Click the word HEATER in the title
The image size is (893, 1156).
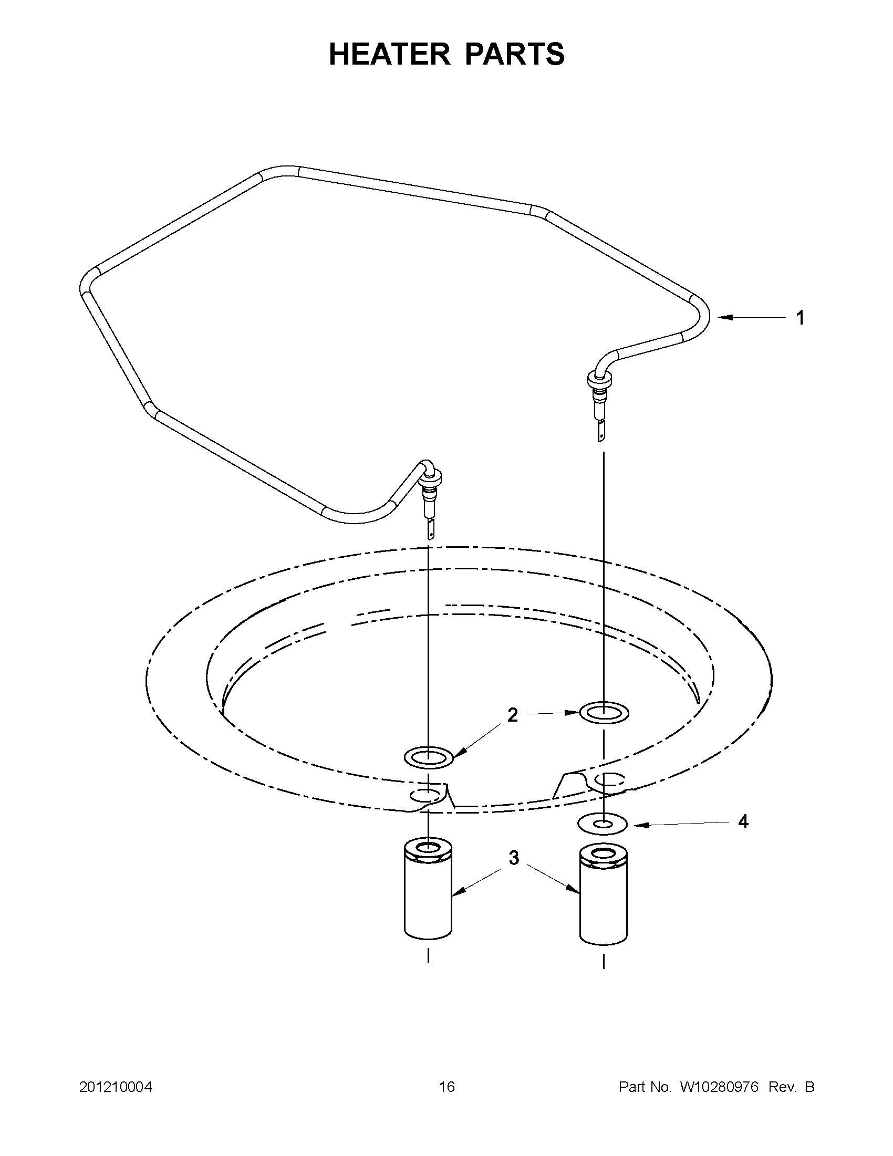point(390,55)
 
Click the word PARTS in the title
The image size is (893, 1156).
point(515,55)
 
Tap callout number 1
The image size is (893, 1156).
point(801,318)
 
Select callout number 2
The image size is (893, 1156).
point(512,715)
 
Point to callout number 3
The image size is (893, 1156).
point(514,859)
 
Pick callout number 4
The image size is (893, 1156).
point(743,822)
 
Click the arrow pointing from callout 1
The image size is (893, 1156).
point(752,318)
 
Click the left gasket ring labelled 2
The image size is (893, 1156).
point(428,758)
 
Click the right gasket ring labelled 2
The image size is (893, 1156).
point(604,713)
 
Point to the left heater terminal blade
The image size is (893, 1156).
point(430,528)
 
